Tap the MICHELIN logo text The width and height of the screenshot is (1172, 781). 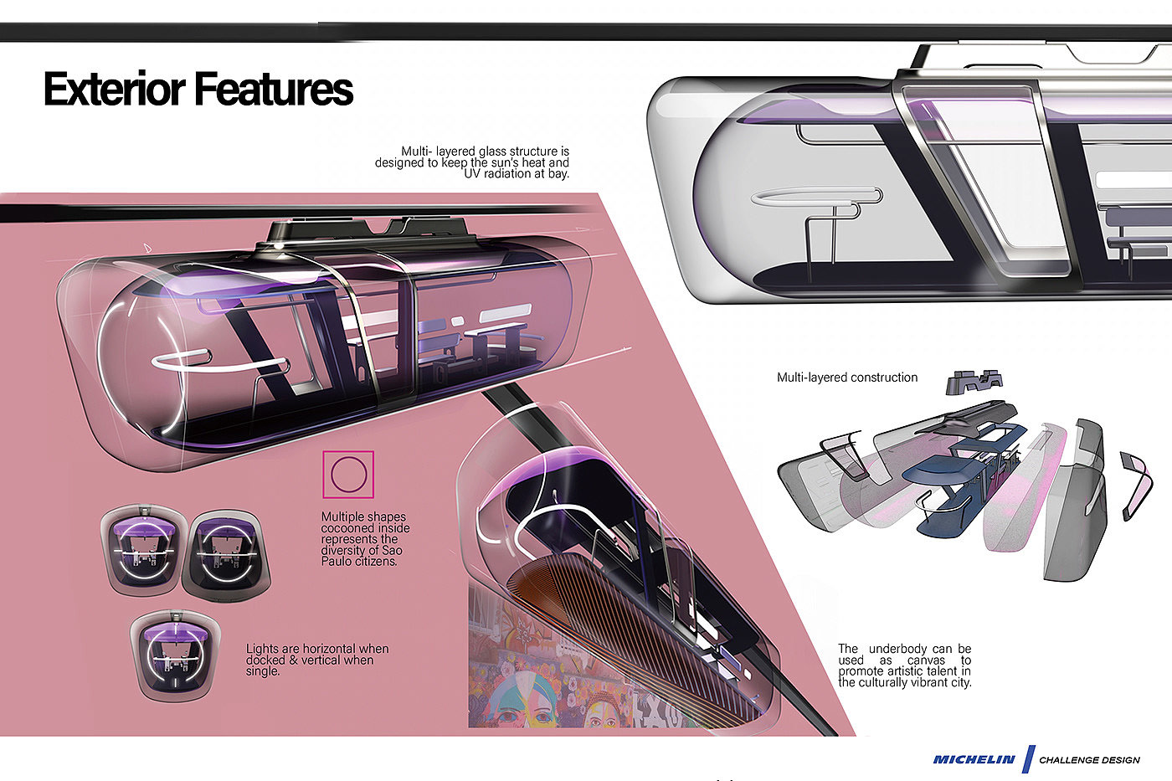click(974, 759)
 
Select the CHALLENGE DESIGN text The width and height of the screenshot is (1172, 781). click(1089, 760)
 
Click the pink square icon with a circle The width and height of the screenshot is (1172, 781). click(348, 475)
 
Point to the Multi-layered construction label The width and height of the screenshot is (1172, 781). click(847, 378)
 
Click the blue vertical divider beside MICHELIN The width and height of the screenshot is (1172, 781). click(1029, 759)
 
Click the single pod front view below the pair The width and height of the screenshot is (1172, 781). click(176, 655)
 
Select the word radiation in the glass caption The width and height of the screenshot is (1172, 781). click(520, 174)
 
